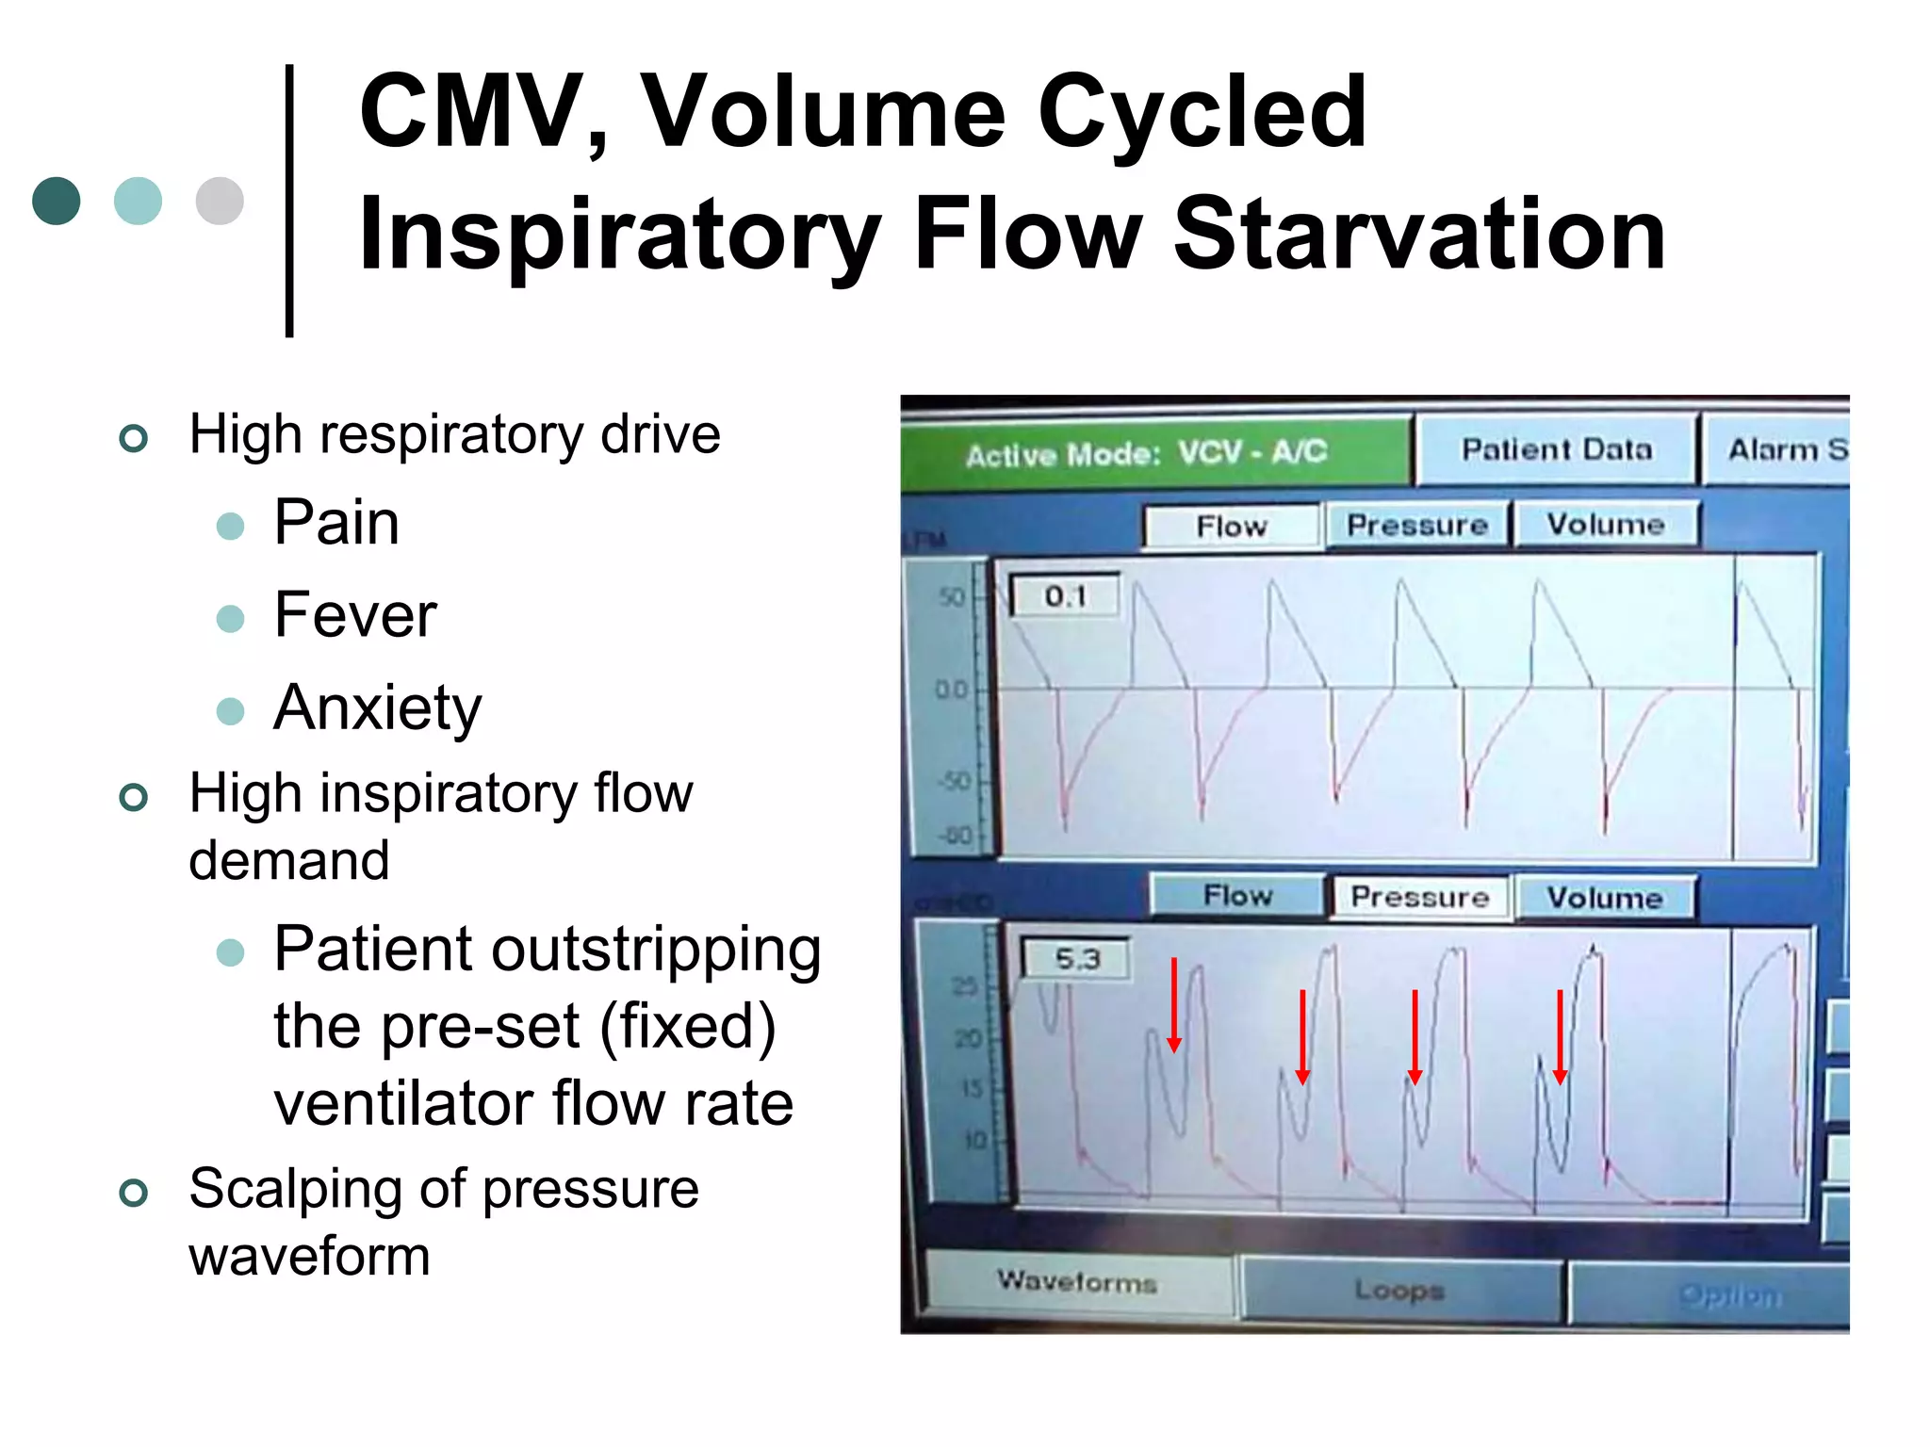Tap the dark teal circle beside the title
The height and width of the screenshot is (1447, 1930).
point(57,201)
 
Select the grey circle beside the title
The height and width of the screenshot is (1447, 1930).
point(220,201)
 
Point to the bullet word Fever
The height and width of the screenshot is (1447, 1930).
point(355,615)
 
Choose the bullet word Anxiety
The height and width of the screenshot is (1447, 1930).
point(377,707)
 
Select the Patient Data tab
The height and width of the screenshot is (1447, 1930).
point(1556,449)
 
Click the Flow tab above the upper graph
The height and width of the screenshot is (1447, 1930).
point(1231,526)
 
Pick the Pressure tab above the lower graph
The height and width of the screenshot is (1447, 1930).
point(1419,897)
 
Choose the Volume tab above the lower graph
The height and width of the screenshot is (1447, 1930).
point(1604,897)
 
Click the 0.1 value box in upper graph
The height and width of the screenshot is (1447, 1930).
point(1065,596)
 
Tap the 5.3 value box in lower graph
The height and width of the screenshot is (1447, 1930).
point(1077,959)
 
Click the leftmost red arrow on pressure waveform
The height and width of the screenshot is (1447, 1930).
point(1174,1004)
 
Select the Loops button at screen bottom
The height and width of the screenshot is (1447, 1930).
point(1398,1290)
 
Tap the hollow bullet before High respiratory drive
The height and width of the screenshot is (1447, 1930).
point(134,438)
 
